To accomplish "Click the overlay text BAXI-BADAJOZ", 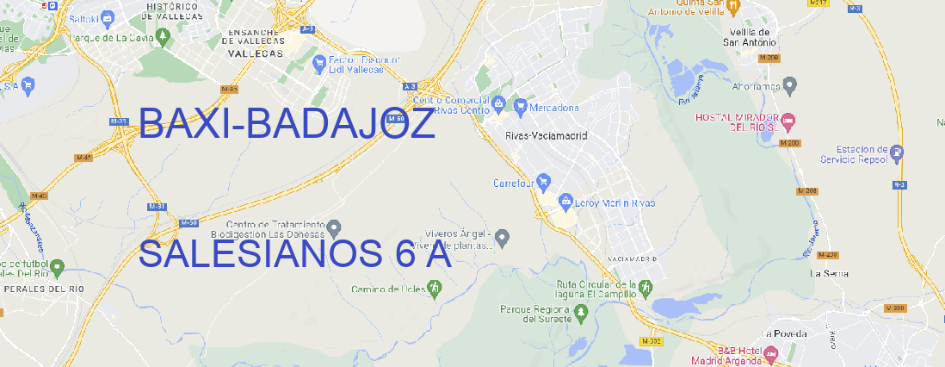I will (x=287, y=126).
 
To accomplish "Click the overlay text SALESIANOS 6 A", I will (x=295, y=254).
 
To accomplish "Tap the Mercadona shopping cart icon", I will (x=520, y=108).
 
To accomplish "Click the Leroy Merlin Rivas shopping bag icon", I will (x=565, y=202).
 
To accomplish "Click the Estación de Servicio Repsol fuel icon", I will (x=898, y=153).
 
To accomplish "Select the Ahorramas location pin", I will (x=791, y=85).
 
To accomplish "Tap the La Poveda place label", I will (x=783, y=333).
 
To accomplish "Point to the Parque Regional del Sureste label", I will (x=536, y=314).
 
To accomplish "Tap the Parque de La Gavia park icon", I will (x=59, y=38).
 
